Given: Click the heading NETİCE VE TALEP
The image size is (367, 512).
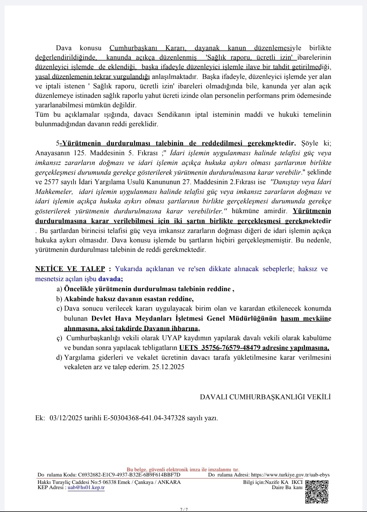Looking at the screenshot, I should (70, 269).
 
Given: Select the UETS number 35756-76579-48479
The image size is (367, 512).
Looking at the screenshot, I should (231, 348).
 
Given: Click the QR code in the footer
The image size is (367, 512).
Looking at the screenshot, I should (317, 492).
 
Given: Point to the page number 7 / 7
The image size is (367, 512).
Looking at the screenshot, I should (184, 509).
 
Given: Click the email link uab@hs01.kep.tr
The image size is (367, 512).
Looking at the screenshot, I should (86, 488).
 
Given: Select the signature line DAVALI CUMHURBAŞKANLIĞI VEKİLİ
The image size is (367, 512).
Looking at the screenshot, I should (265, 397).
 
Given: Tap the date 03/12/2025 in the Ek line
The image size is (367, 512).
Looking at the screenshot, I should (66, 418).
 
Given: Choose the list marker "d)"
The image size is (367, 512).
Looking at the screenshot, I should (59, 358).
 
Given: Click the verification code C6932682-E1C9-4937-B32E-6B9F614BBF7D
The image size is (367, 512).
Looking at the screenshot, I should (129, 475).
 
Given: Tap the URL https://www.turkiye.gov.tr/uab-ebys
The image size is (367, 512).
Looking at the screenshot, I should (290, 475).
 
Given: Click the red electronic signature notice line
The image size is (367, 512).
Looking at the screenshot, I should (183, 470).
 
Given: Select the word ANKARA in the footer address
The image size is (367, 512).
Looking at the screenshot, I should (169, 482).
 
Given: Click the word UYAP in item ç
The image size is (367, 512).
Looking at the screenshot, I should (170, 338).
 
